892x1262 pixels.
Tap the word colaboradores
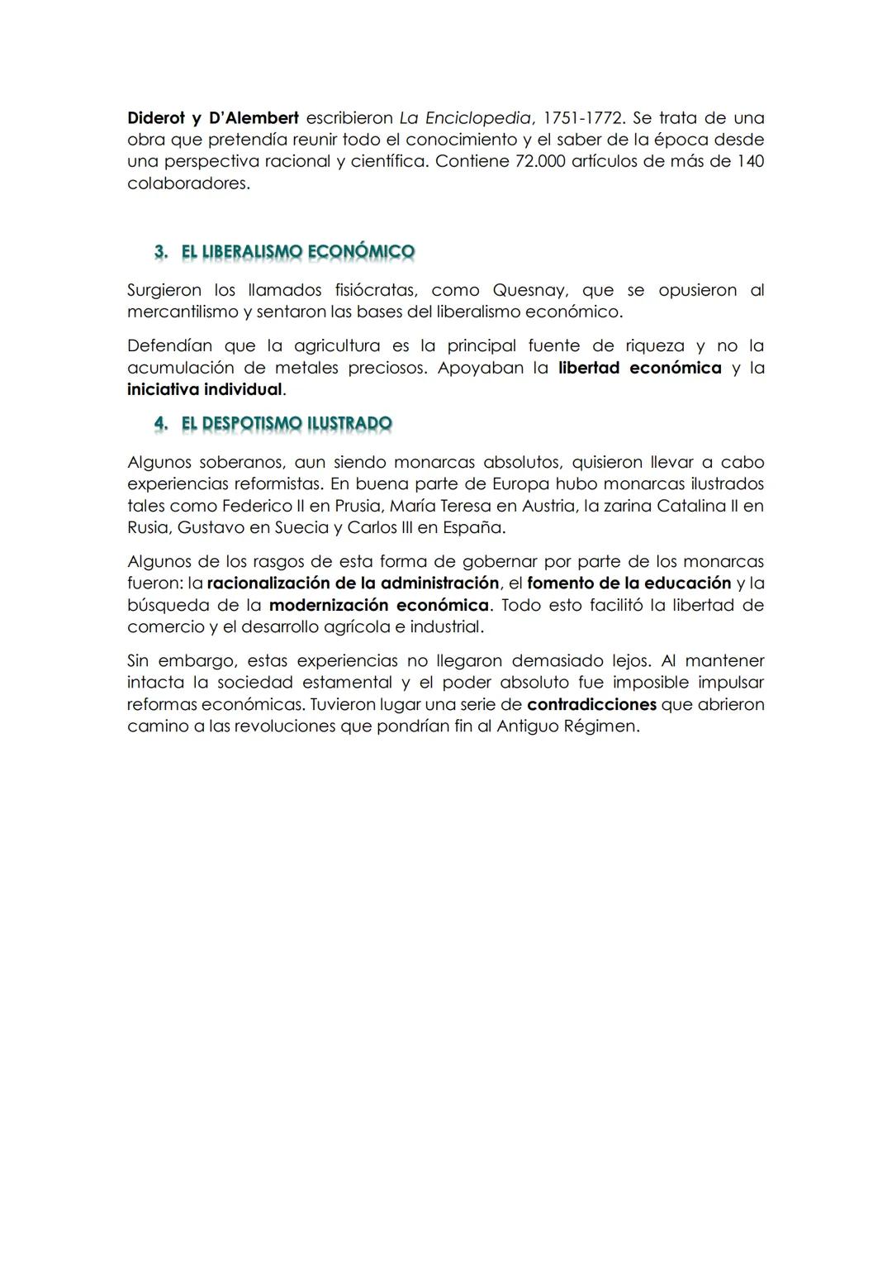[x=187, y=183]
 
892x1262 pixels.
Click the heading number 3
[x=161, y=251]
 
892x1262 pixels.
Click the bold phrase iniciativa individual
[x=205, y=389]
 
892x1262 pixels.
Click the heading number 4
[x=161, y=423]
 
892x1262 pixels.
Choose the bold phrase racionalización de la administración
[x=353, y=583]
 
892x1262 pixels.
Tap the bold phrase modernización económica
[x=379, y=605]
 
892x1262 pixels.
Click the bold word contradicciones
[x=591, y=705]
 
